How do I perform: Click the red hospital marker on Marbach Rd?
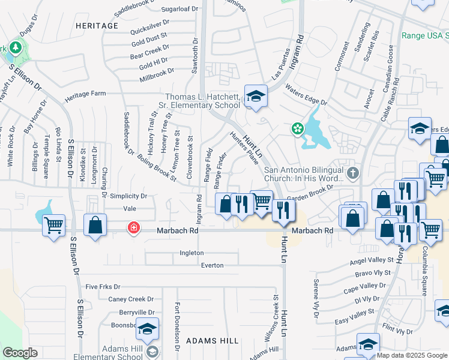133,229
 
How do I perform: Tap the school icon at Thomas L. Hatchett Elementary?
256,97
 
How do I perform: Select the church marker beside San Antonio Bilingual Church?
352,173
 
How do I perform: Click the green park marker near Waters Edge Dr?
297,128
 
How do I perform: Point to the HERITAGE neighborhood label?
97,26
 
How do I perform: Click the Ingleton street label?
191,253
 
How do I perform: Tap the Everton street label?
212,265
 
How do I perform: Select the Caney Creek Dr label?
131,299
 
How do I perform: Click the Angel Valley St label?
375,262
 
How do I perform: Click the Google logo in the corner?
20,353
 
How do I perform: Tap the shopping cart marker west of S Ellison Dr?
54,226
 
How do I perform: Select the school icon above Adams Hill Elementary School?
147,329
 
